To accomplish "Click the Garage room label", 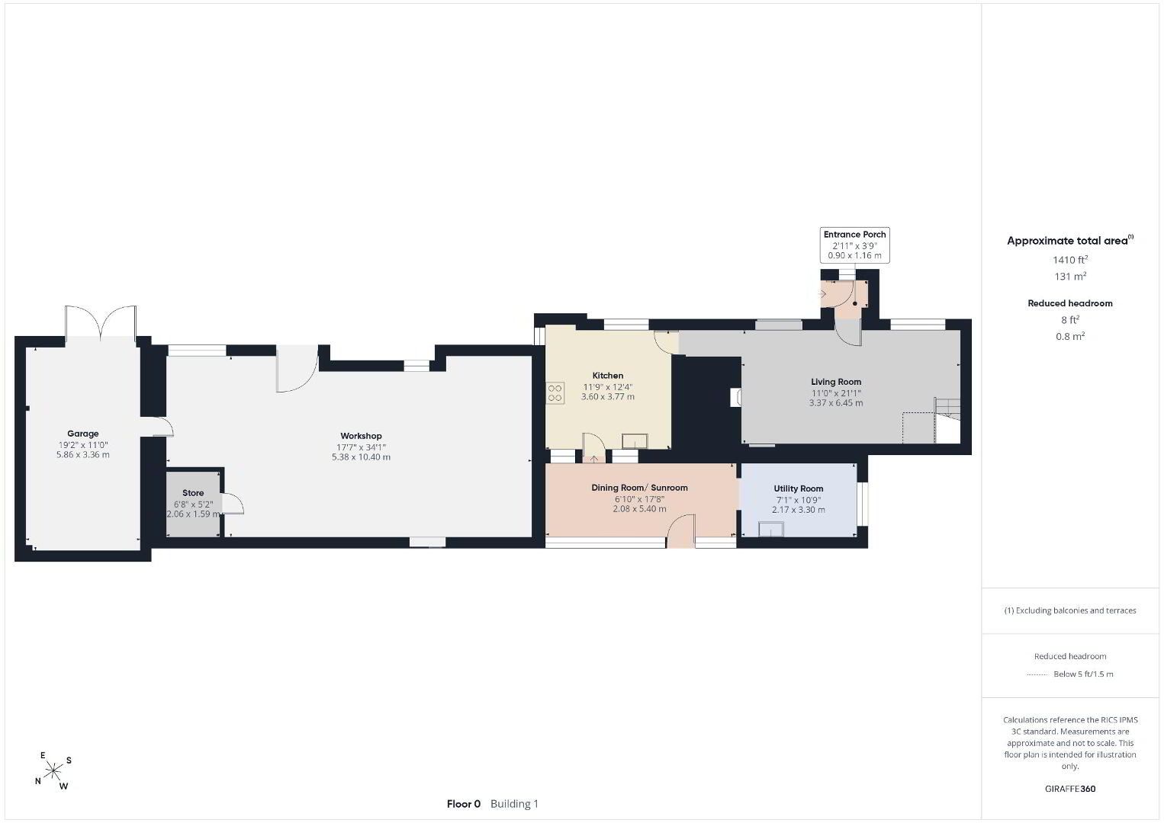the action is [x=82, y=434].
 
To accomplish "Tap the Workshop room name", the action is [x=361, y=436].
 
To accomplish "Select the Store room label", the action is [x=193, y=493].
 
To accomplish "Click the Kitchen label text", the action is [x=607, y=376].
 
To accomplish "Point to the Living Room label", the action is [x=835, y=382].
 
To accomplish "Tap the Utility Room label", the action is [x=798, y=488].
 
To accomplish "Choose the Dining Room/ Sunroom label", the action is [x=639, y=488].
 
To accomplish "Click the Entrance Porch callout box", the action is [x=854, y=245].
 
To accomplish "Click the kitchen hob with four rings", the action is [x=555, y=393].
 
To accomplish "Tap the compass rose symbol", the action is [x=53, y=771].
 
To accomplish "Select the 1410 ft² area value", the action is [x=1069, y=260].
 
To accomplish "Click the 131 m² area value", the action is [x=1070, y=276].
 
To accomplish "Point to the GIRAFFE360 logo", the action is [x=1070, y=789].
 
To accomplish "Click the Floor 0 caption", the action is [x=464, y=804].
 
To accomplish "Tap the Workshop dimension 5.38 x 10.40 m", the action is [x=361, y=457].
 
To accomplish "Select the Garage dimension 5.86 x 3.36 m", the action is [x=82, y=454].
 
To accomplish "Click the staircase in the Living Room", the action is [x=947, y=420].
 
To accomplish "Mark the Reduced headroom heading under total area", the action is [x=1070, y=303].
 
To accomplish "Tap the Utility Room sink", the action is [x=770, y=530].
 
